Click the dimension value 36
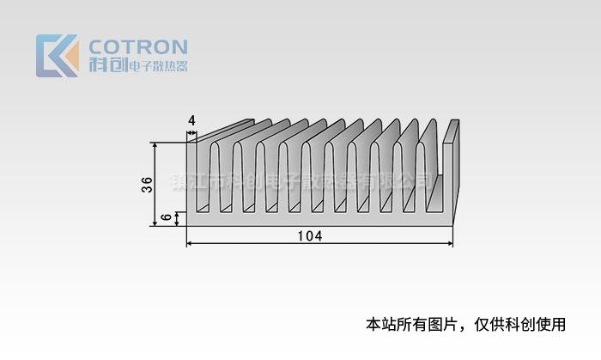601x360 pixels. [147, 184]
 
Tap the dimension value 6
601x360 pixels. [167, 219]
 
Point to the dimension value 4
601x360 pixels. [191, 121]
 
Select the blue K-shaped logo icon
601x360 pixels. [58, 56]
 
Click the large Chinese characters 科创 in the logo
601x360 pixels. [107, 65]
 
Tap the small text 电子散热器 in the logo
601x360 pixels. [157, 66]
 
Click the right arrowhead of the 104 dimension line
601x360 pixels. [450, 245]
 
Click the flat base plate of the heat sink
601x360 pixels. [318, 220]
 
